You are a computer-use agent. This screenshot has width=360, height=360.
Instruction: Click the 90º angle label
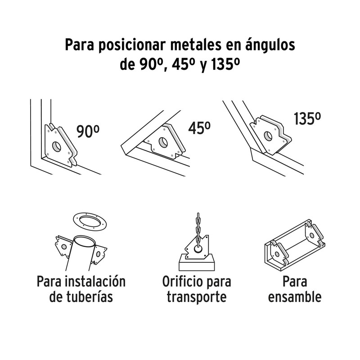pyautogui.click(x=87, y=132)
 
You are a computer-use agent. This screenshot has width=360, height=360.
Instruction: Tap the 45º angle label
pyautogui.click(x=199, y=128)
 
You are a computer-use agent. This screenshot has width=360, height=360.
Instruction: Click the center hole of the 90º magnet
pyautogui.click(x=56, y=146)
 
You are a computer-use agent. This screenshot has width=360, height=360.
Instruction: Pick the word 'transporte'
pyautogui.click(x=196, y=297)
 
